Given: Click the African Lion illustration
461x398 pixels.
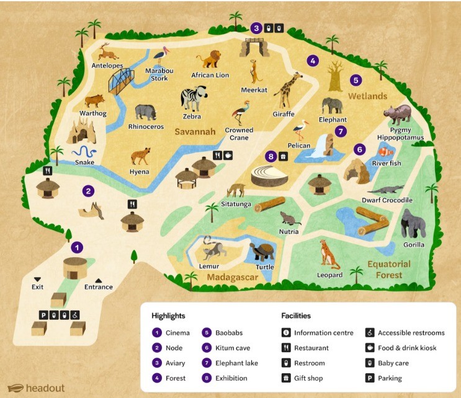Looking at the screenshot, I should click(210, 60).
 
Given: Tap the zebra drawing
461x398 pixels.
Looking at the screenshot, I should click(190, 98).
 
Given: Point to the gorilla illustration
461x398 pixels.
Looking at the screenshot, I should click(412, 223).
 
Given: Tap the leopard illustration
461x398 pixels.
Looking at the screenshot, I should click(326, 254).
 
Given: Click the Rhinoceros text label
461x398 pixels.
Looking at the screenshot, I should click(146, 126).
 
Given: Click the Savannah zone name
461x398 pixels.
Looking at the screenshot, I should click(194, 131).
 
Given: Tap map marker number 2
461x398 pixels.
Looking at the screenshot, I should click(89, 191).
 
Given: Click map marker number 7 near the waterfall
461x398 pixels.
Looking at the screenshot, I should click(340, 131).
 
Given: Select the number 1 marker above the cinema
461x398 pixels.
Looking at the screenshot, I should click(77, 247).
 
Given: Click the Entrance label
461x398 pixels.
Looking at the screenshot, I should click(99, 287).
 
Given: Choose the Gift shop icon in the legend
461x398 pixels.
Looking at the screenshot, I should click(286, 378).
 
